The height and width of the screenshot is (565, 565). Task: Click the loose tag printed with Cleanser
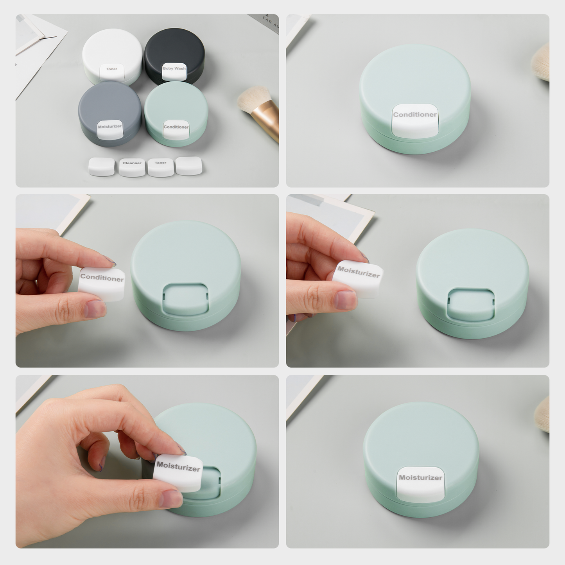coord(132,167)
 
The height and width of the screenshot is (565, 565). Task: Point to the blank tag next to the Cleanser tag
coord(102,166)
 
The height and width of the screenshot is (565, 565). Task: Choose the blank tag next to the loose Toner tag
coord(189,165)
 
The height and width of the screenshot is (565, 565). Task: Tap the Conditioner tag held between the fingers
coord(102,283)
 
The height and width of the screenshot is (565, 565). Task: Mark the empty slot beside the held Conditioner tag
coord(185,299)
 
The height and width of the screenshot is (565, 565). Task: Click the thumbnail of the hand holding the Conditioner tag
coord(94,309)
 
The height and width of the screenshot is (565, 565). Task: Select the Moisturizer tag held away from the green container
coord(359,277)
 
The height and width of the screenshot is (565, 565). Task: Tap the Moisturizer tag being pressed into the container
coord(178,472)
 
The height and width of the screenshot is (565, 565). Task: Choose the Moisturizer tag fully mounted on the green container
coord(421,483)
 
